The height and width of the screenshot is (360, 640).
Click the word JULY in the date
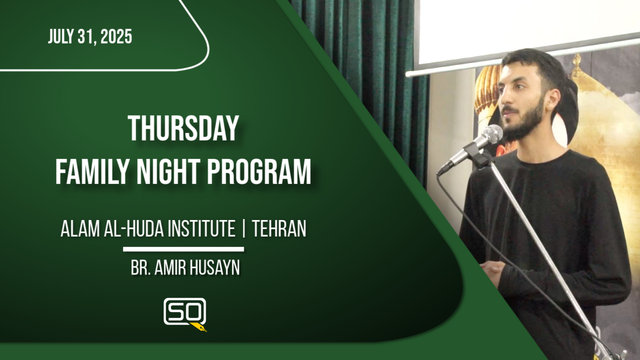tap(60, 36)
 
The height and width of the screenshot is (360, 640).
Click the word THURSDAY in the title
tap(183, 128)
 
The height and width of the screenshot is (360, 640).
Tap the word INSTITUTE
tap(201, 228)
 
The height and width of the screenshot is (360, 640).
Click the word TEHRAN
tap(279, 228)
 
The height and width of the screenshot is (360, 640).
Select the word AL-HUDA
tap(133, 228)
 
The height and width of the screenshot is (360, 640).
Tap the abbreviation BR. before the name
tap(141, 267)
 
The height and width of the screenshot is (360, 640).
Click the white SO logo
tap(185, 311)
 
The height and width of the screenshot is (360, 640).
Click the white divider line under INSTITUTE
tap(183, 249)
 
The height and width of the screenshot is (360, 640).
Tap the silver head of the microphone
tap(492, 134)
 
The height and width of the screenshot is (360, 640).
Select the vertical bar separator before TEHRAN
tap(243, 228)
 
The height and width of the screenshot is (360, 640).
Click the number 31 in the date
tap(85, 36)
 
